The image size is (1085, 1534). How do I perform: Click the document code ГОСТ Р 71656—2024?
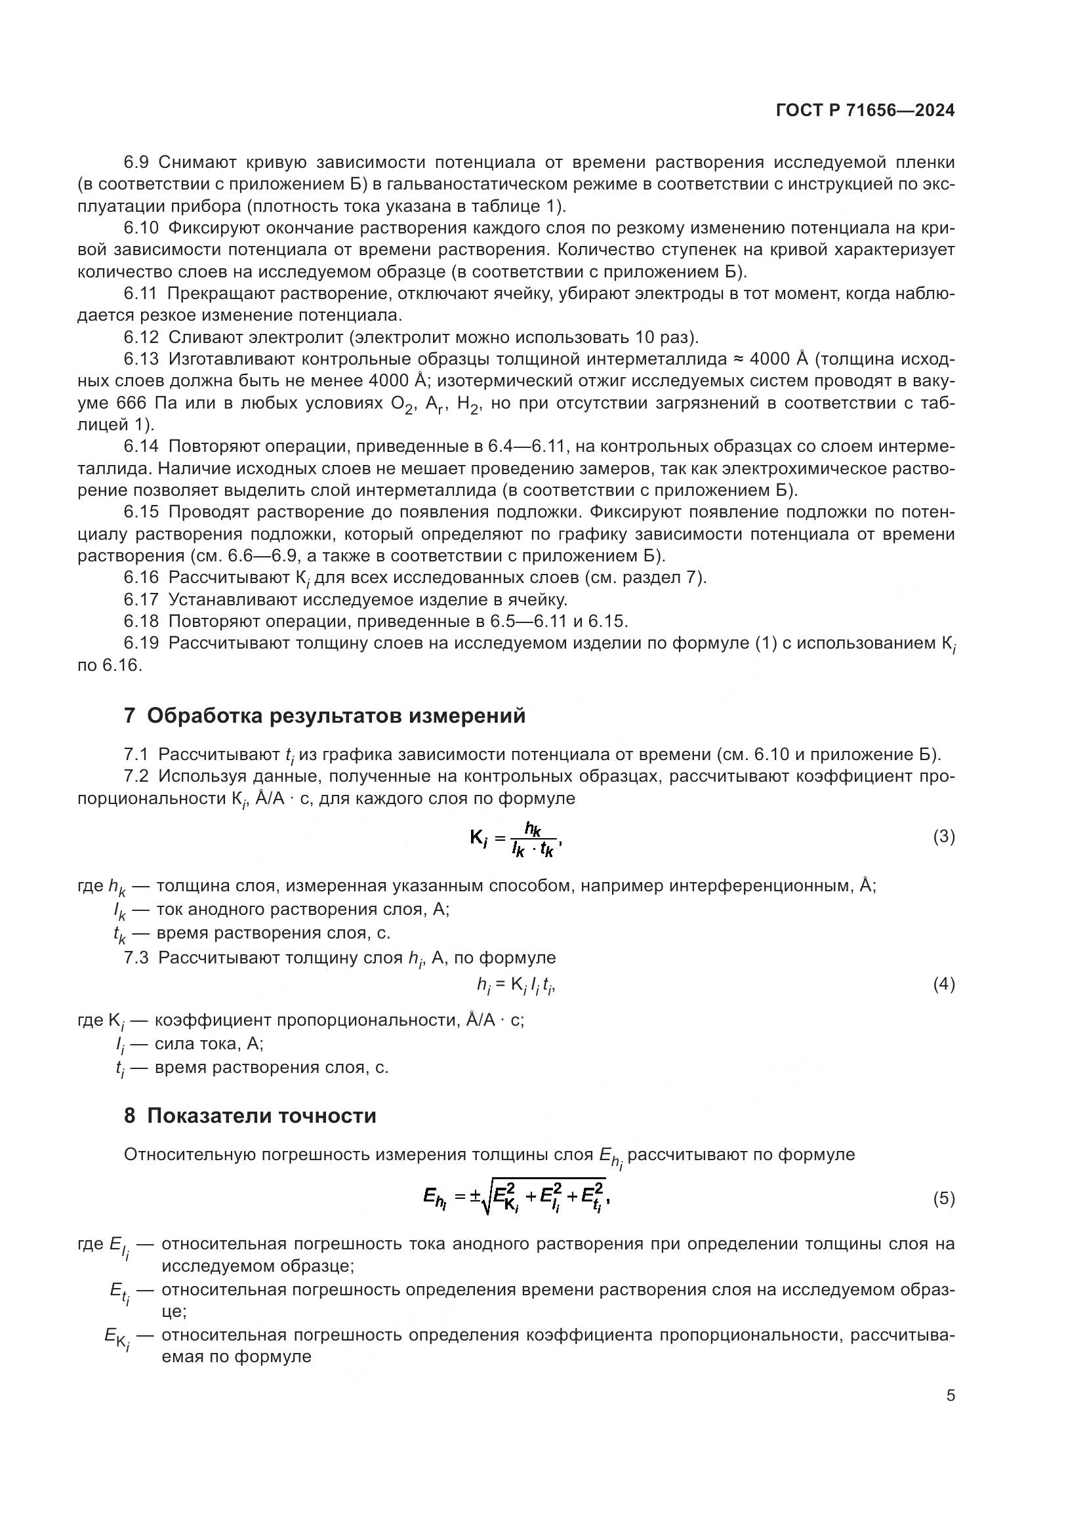tap(865, 110)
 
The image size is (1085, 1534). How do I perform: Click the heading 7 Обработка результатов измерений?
tap(325, 716)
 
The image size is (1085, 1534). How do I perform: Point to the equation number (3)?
tap(943, 836)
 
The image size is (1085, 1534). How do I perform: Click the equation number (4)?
tap(943, 984)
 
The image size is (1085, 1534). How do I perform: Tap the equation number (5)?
tap(943, 1200)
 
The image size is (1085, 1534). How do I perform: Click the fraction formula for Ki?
tap(516, 839)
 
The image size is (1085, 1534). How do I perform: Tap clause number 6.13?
tap(141, 359)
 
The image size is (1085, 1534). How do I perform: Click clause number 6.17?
tap(141, 600)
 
